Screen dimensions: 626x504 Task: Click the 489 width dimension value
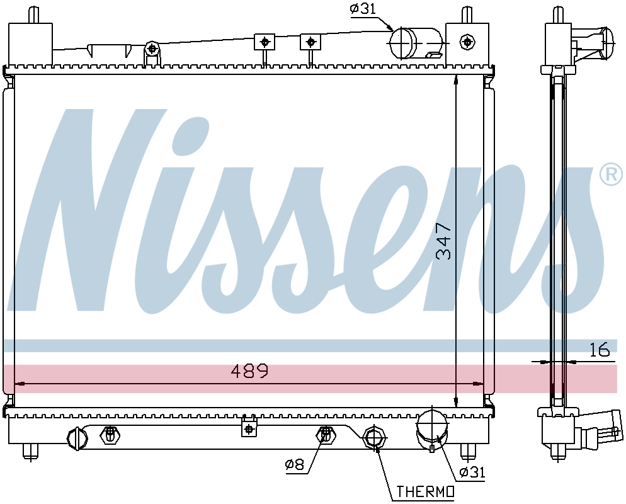tap(250, 372)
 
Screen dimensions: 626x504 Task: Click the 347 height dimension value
tap(443, 241)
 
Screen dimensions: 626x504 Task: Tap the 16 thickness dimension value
tap(600, 349)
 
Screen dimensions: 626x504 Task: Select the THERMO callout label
tap(425, 491)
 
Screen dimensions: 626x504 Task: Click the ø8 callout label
tap(295, 464)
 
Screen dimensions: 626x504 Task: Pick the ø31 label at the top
tap(363, 9)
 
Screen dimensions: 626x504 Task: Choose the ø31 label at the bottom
tap(472, 472)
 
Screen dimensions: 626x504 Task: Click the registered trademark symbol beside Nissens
tap(612, 174)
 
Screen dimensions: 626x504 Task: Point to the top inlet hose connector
tap(415, 43)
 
